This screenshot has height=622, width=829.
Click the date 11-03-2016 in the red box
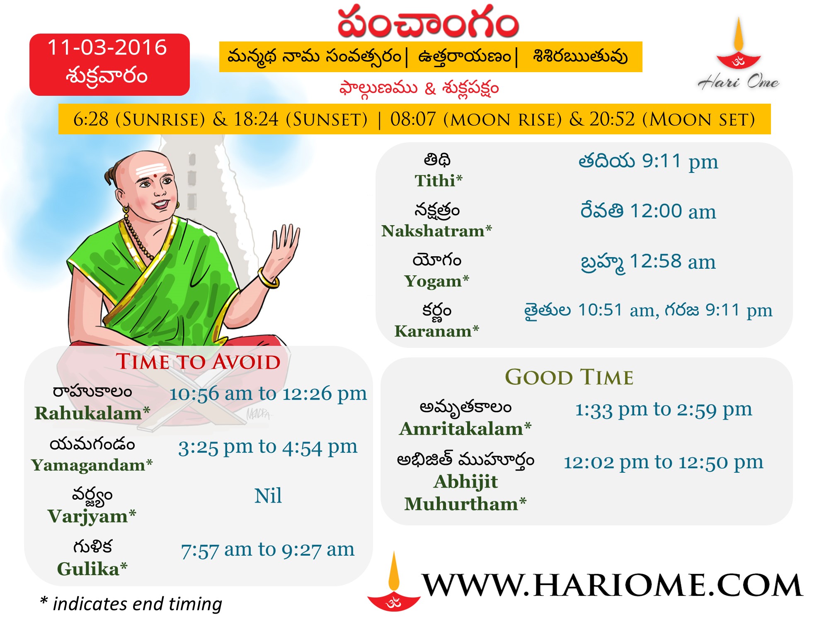pos(107,48)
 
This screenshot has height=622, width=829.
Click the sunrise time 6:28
pos(91,119)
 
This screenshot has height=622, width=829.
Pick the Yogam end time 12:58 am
pos(672,262)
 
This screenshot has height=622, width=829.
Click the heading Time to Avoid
pos(198,362)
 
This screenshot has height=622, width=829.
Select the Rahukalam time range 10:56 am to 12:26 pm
pos(268,394)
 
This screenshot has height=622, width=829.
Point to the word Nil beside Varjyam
pos(268,496)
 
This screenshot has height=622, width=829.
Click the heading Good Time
pos(569,377)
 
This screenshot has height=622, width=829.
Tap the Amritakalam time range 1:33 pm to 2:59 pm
pos(663,410)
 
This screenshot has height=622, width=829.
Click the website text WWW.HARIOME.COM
pos(612,585)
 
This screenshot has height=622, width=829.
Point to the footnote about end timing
pos(131,604)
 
